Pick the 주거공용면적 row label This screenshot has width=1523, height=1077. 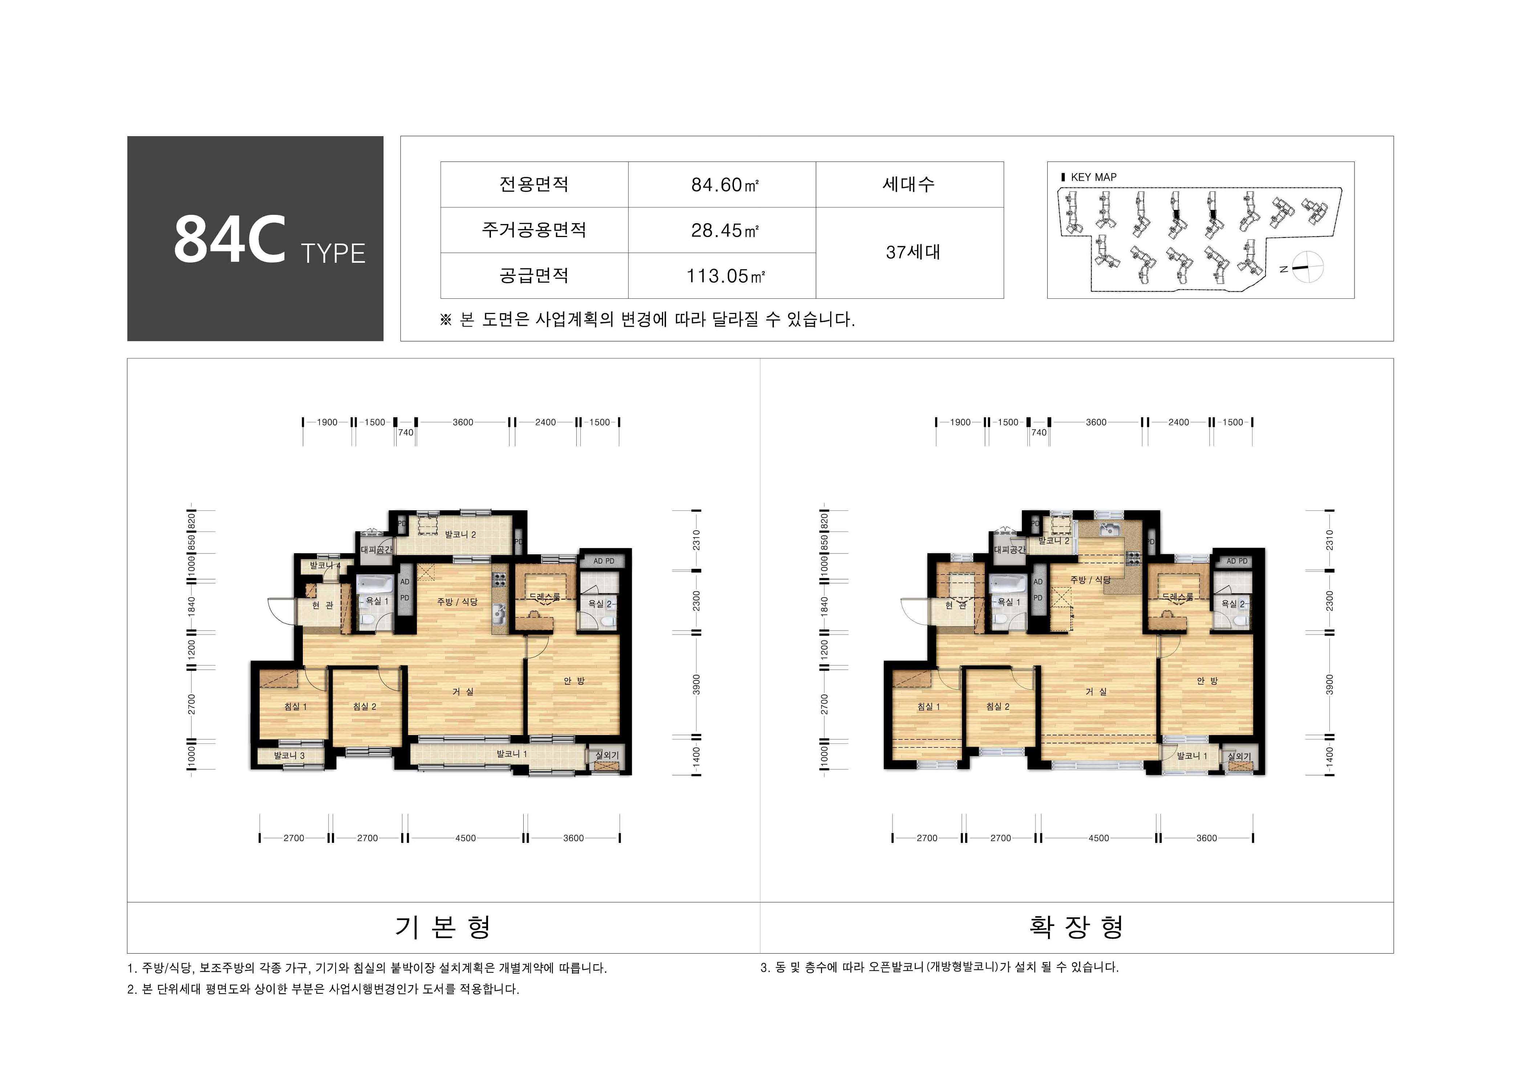click(534, 230)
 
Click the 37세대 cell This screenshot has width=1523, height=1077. click(913, 252)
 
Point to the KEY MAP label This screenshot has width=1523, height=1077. click(1093, 177)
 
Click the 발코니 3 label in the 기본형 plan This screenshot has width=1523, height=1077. click(289, 755)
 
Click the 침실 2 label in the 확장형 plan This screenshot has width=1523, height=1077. click(998, 706)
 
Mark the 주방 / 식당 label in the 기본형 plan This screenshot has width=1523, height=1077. click(457, 601)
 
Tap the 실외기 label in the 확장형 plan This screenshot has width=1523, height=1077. click(1239, 756)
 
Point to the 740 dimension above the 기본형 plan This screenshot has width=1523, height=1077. click(405, 432)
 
